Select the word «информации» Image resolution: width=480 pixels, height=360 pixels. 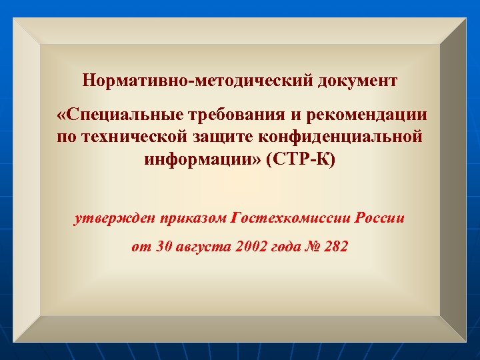tap(201, 161)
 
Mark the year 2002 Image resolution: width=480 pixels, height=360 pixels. tap(251, 247)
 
